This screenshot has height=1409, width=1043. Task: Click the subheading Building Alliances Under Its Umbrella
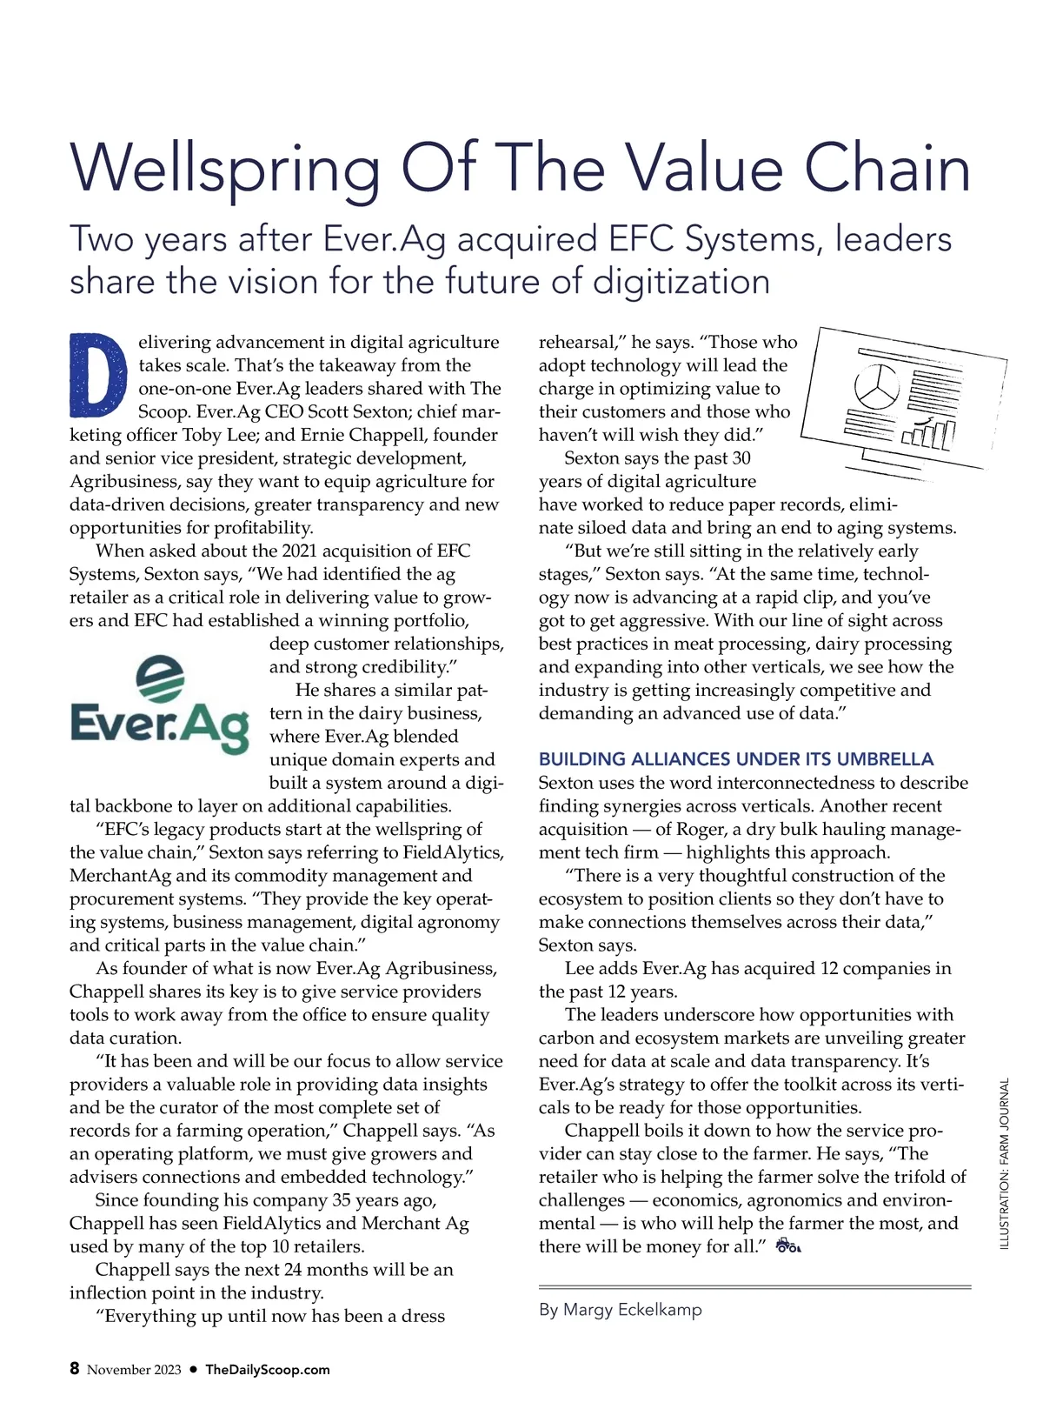(736, 758)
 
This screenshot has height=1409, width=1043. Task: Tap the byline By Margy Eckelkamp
(621, 1309)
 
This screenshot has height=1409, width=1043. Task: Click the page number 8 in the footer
(75, 1369)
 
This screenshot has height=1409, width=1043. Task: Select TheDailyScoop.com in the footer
(268, 1370)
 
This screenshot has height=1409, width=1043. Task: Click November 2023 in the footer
(134, 1370)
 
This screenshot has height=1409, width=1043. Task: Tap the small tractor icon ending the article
(787, 1247)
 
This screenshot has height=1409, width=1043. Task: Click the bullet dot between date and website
(194, 1370)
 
